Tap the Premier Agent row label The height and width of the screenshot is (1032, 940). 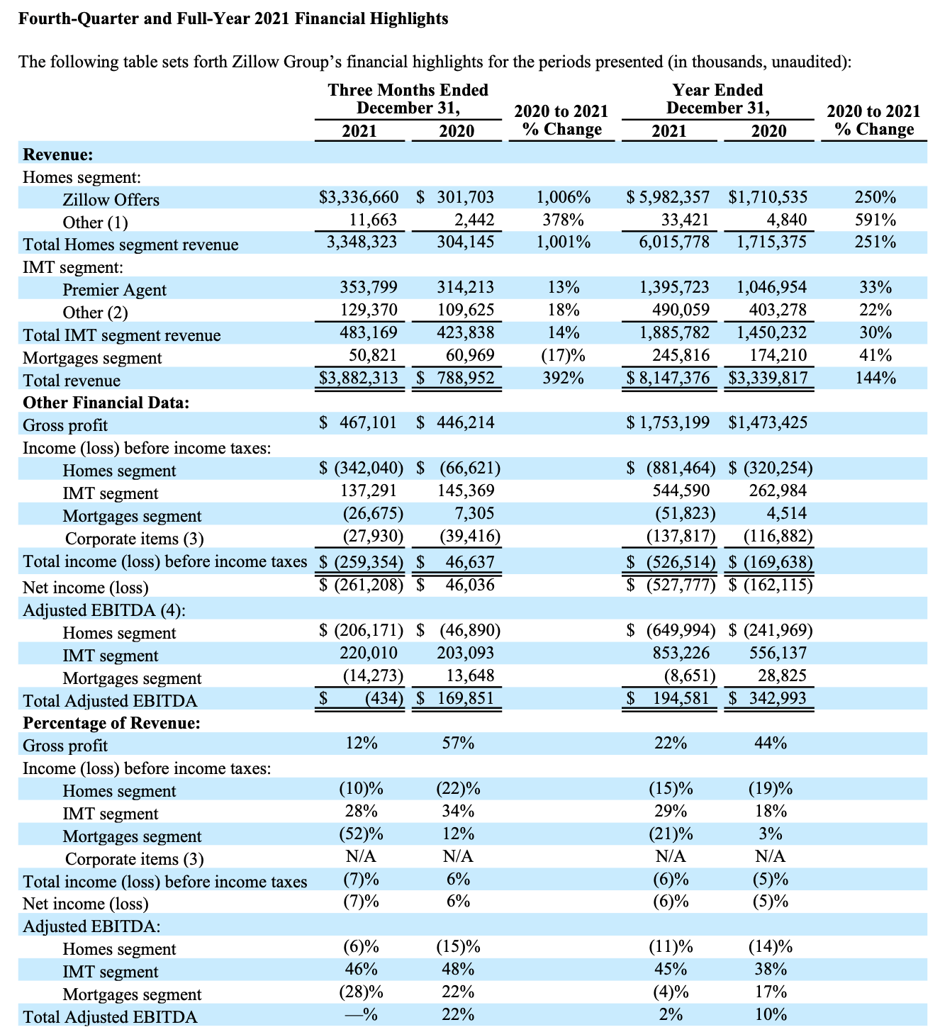pyautogui.click(x=114, y=290)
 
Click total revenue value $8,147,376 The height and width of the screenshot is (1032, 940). pyautogui.click(x=668, y=378)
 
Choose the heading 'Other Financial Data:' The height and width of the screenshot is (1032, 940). pyautogui.click(x=106, y=403)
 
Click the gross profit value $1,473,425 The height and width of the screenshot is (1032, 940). pyautogui.click(x=768, y=423)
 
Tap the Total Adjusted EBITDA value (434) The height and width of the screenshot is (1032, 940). pyautogui.click(x=384, y=698)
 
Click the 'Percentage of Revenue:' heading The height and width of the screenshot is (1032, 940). pyautogui.click(x=111, y=723)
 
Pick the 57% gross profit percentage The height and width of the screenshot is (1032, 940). pyautogui.click(x=458, y=744)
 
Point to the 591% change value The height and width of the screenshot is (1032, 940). pyautogui.click(x=875, y=220)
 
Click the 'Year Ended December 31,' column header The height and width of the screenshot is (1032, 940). pyautogui.click(x=717, y=99)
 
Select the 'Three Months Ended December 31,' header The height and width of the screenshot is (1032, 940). pyautogui.click(x=408, y=99)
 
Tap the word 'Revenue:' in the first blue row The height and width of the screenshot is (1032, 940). pyautogui.click(x=58, y=155)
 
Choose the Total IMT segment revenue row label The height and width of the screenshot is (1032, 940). pyautogui.click(x=122, y=335)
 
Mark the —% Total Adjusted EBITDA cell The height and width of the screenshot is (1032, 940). pyautogui.click(x=362, y=1014)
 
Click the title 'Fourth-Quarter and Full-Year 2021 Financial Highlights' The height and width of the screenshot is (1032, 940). pyautogui.click(x=233, y=18)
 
